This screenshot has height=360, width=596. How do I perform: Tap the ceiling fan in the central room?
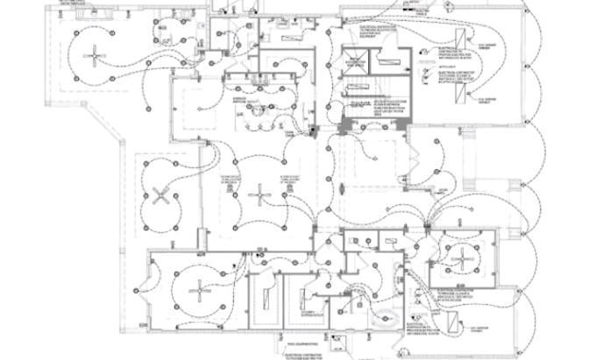click(259, 194)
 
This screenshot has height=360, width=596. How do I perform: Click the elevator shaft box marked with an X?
click(355, 62)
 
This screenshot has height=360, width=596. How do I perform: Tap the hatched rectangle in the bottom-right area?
click(450, 325)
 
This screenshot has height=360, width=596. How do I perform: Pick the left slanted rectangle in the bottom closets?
click(263, 297)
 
